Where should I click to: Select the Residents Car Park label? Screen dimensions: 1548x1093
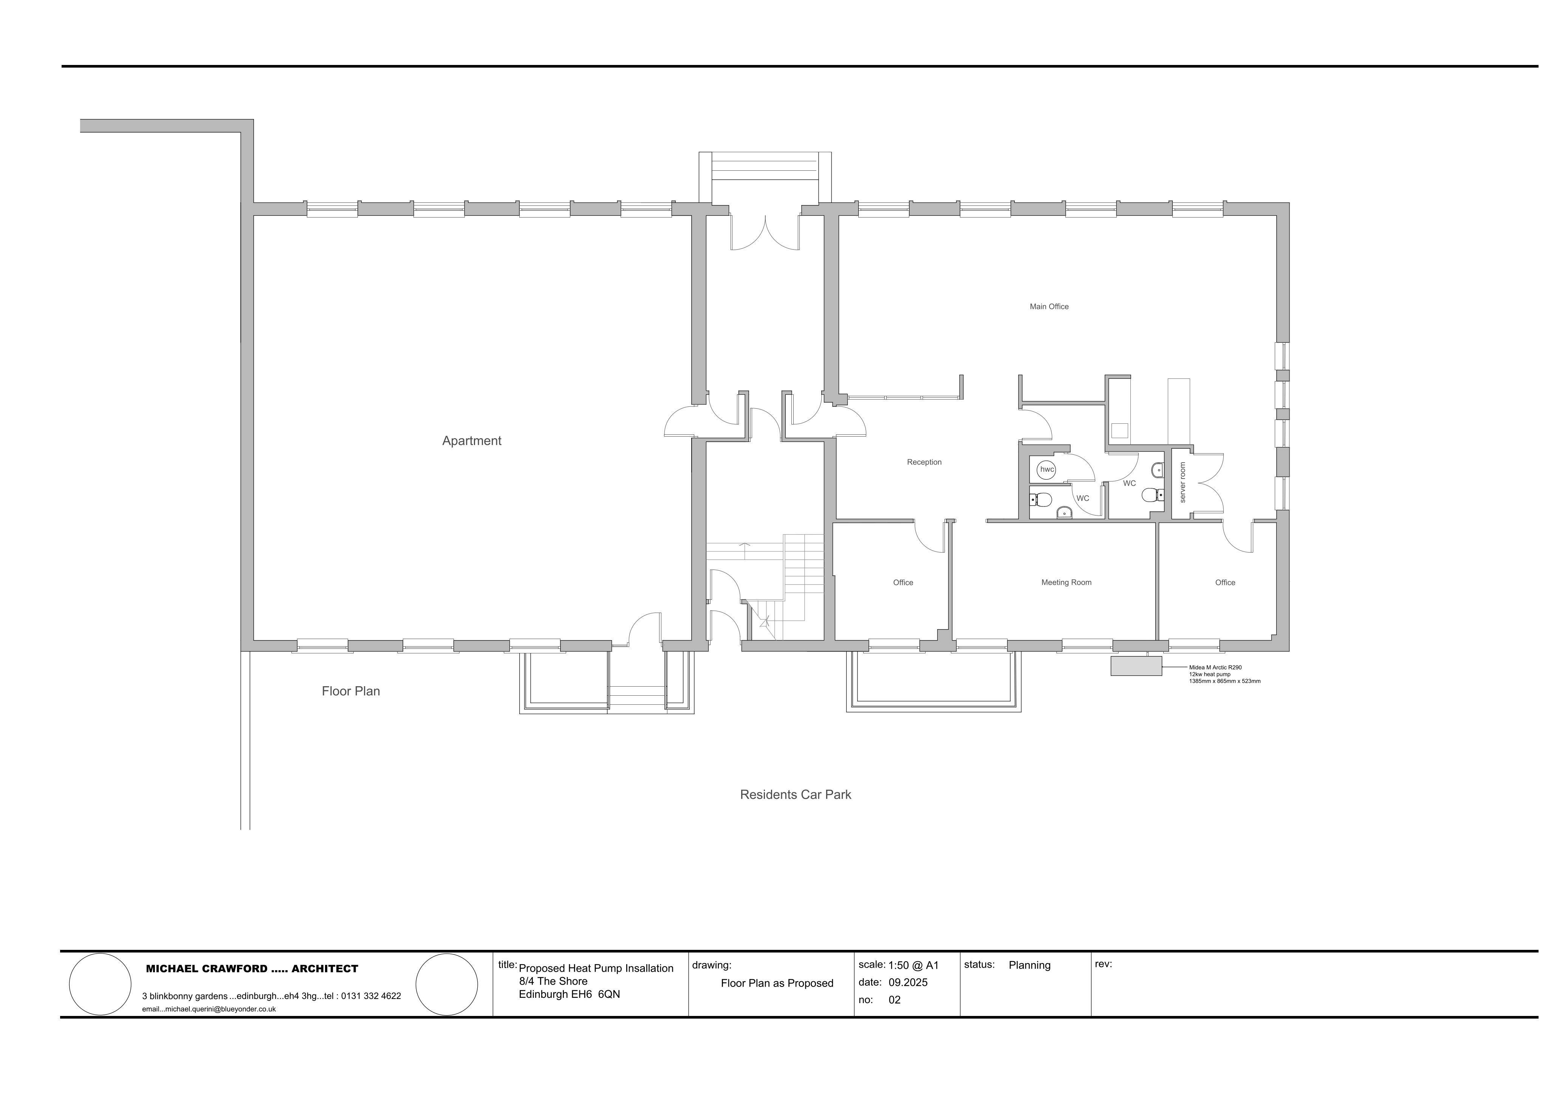click(796, 795)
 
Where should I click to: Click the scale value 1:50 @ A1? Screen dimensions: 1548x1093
click(913, 965)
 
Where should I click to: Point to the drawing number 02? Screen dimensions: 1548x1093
click(895, 1000)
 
